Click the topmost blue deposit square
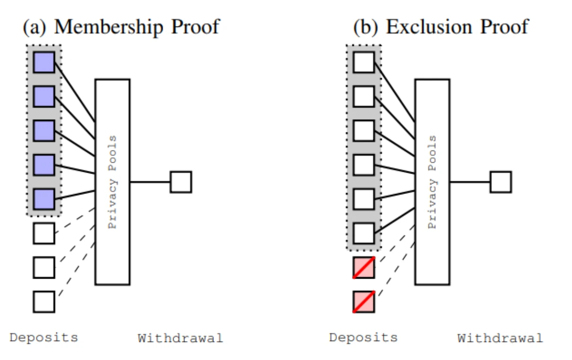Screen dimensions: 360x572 click(44, 62)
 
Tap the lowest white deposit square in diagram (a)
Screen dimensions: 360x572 click(44, 302)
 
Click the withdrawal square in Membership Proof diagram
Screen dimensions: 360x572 click(181, 182)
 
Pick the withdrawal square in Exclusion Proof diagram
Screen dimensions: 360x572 click(501, 182)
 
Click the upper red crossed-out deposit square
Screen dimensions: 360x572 click(364, 268)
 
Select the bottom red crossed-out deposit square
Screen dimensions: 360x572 click(364, 302)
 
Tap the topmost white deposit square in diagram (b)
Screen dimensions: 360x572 click(364, 62)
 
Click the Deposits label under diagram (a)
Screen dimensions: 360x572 click(44, 338)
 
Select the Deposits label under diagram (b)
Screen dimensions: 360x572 click(364, 338)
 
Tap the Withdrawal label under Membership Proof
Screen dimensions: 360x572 click(180, 339)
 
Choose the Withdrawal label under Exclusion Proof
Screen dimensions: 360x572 click(500, 339)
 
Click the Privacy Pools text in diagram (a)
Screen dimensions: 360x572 click(113, 182)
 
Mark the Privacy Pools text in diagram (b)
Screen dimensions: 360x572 click(432, 182)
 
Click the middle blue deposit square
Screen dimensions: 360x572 click(44, 131)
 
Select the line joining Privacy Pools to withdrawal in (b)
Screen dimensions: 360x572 click(470, 182)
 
